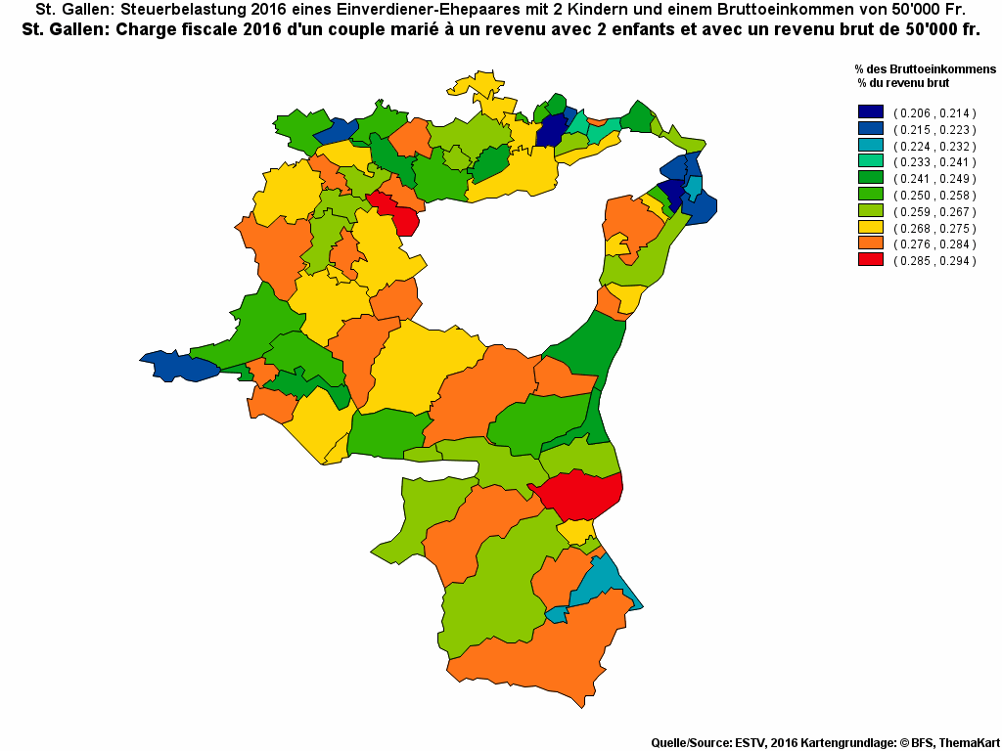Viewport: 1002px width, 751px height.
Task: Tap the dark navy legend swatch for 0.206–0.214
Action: tap(870, 112)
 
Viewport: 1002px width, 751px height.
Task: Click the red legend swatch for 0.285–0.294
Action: tap(870, 260)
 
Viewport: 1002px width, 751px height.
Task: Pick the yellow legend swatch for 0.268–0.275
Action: tap(870, 228)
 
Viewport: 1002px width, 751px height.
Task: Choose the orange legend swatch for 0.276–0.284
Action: tap(870, 243)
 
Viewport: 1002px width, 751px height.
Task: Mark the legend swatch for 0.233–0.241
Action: tap(870, 161)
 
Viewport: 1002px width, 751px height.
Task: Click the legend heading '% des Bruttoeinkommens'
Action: tap(924, 69)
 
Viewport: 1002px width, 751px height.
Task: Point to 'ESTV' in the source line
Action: tap(751, 743)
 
